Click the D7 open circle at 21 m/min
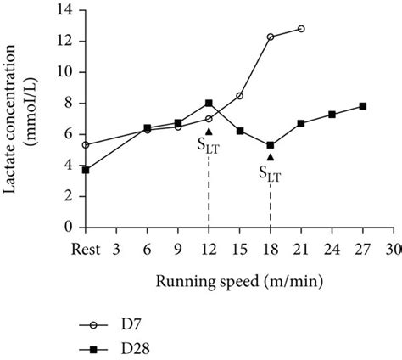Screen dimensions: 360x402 301,29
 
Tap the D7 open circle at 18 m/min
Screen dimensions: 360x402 271,37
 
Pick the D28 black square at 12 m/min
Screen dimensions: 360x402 209,104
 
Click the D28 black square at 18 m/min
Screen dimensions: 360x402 271,145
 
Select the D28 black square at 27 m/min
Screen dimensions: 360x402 362,106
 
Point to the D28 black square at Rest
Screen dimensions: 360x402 86,170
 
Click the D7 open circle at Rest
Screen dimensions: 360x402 86,145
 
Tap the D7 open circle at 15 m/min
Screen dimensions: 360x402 240,96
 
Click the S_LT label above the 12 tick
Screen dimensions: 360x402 209,145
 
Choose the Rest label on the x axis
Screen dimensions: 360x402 86,249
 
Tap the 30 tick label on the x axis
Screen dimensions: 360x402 393,249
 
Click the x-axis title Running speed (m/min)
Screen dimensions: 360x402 237,280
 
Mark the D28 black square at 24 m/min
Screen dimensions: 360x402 332,115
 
